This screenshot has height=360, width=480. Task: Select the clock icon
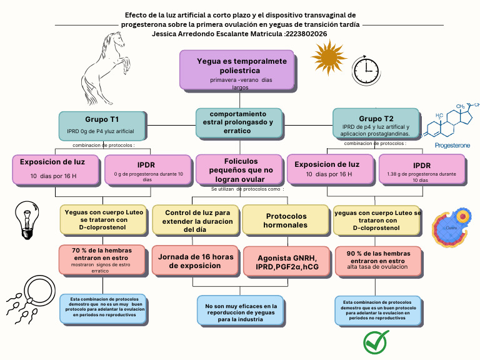pyautogui.click(x=364, y=67)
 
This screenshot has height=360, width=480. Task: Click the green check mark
pyautogui.click(x=376, y=342)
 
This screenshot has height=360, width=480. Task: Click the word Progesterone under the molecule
pyautogui.click(x=452, y=145)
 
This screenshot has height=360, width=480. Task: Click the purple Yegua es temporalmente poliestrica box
pyautogui.click(x=237, y=70)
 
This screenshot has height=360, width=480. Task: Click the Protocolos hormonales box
pyautogui.click(x=286, y=220)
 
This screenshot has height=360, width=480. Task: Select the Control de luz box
pyautogui.click(x=196, y=221)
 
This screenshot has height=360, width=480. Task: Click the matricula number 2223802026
pyautogui.click(x=306, y=34)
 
